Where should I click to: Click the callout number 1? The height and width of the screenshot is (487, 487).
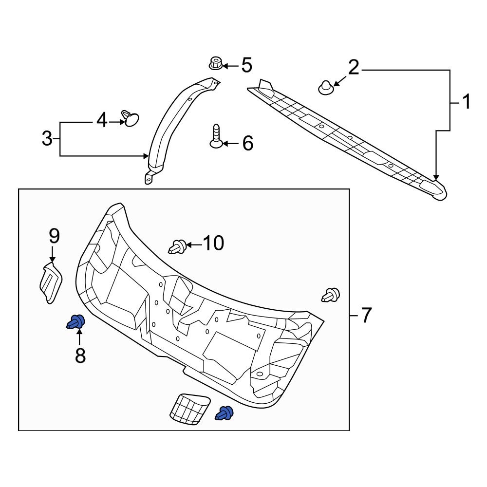(x=466, y=103)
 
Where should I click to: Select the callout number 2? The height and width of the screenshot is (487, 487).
(x=353, y=68)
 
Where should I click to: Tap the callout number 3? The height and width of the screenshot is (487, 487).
(x=47, y=139)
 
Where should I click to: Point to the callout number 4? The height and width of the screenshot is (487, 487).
(x=101, y=120)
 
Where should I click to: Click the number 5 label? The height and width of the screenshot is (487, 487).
(x=247, y=65)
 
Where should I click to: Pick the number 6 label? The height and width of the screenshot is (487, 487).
(x=247, y=143)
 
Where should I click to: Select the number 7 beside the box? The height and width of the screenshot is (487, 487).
(x=366, y=316)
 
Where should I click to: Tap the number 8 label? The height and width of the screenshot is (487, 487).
(x=80, y=356)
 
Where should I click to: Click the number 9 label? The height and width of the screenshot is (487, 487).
(x=54, y=236)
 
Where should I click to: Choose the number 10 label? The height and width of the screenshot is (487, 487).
(x=213, y=243)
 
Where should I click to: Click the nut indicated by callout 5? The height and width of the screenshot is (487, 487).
(x=215, y=64)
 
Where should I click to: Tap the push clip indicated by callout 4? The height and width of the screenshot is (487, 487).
(x=131, y=118)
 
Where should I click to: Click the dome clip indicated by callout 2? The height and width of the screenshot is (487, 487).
(x=325, y=88)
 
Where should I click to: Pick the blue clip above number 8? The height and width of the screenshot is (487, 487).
(x=76, y=322)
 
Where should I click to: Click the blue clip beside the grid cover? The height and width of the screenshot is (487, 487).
(x=225, y=413)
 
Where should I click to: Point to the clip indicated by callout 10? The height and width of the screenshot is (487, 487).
(x=178, y=247)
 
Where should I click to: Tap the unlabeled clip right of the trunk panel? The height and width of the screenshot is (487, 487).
(x=331, y=295)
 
